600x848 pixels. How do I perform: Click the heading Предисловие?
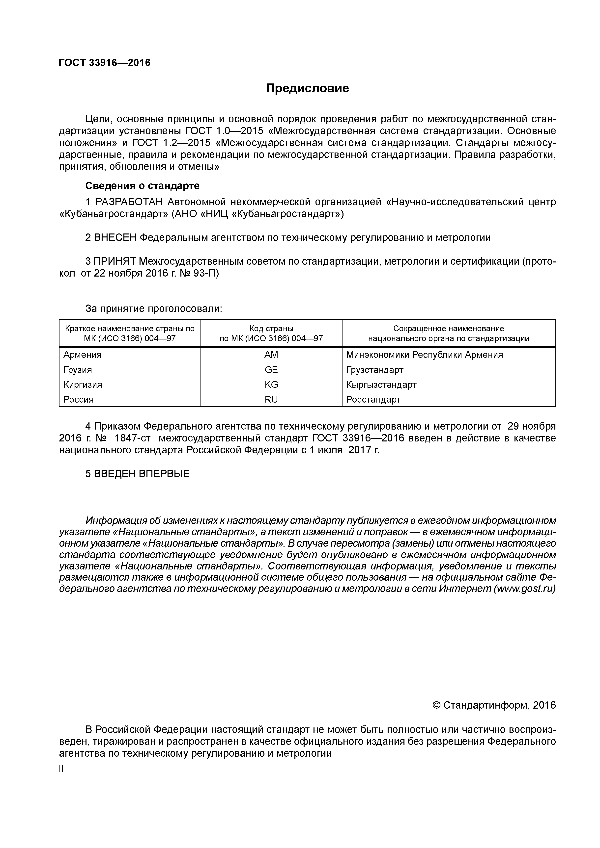[x=307, y=89]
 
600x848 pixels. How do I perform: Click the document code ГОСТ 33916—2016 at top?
[x=105, y=63]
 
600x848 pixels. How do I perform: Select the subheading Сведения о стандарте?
[x=142, y=185]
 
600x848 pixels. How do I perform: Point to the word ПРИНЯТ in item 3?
[x=114, y=261]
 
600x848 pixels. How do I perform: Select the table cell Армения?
[x=83, y=355]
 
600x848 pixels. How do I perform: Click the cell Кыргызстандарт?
[x=381, y=385]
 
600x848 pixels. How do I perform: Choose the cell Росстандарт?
[x=373, y=399]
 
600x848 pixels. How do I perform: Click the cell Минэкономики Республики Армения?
[x=424, y=355]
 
